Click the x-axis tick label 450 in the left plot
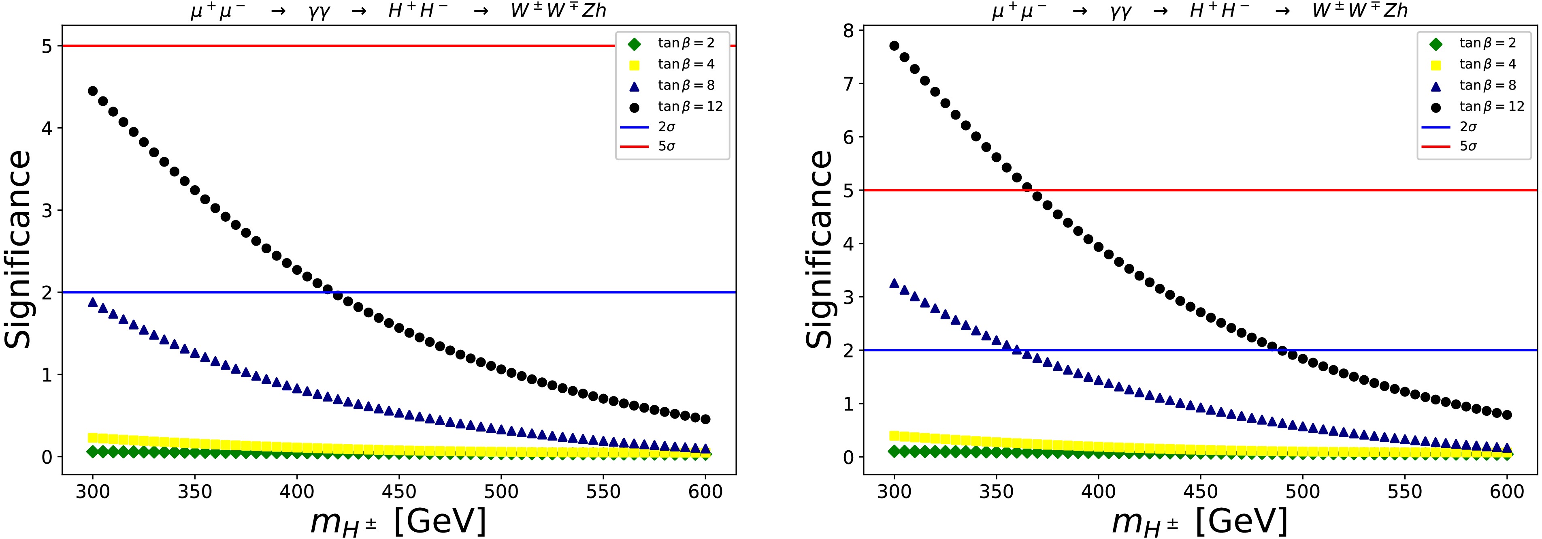click(399, 492)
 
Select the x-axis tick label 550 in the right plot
click(1404, 492)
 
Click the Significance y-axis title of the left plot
click(18, 248)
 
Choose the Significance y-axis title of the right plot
click(819, 248)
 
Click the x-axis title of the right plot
click(1199, 521)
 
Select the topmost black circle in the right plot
click(895, 45)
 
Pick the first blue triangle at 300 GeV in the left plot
click(93, 302)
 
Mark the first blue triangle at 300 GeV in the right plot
click(895, 283)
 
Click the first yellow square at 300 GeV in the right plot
click(895, 435)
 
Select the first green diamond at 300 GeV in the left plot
click(93, 451)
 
